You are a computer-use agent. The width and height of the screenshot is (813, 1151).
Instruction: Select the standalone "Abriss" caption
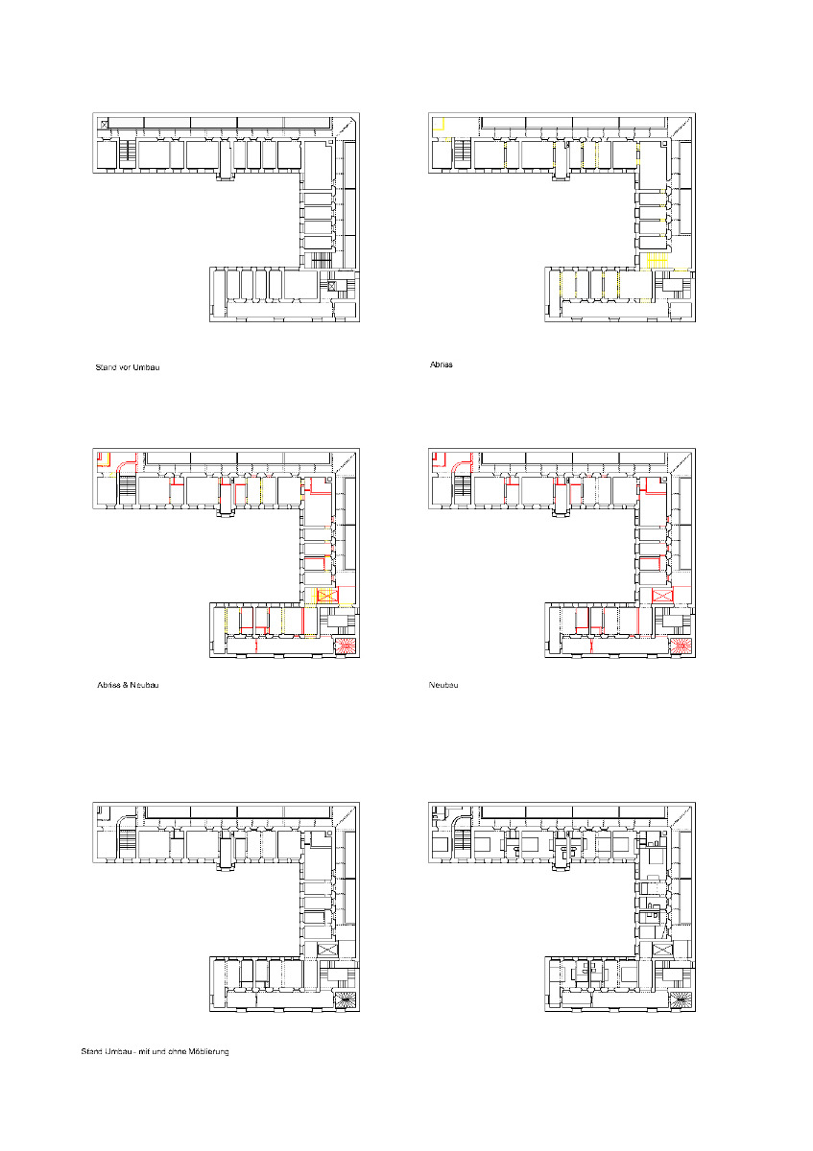tap(441, 365)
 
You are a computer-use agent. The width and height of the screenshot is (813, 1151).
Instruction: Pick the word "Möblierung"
tap(207, 1052)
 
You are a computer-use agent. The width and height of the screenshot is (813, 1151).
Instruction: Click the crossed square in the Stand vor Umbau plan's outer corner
tap(103, 124)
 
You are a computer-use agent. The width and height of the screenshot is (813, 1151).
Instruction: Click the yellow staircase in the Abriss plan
tap(658, 261)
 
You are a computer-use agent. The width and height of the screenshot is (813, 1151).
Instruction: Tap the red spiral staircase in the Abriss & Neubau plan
tap(345, 646)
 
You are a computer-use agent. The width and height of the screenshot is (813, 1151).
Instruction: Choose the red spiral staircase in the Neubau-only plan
tap(681, 646)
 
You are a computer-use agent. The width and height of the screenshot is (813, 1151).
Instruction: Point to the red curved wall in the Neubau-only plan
tap(460, 465)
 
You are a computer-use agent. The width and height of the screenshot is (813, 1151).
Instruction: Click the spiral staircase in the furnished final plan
tap(681, 999)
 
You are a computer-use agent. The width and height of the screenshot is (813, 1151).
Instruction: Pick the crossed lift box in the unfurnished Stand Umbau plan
tap(328, 949)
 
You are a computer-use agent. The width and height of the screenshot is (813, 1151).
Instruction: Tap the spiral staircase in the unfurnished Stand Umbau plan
tap(345, 999)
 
